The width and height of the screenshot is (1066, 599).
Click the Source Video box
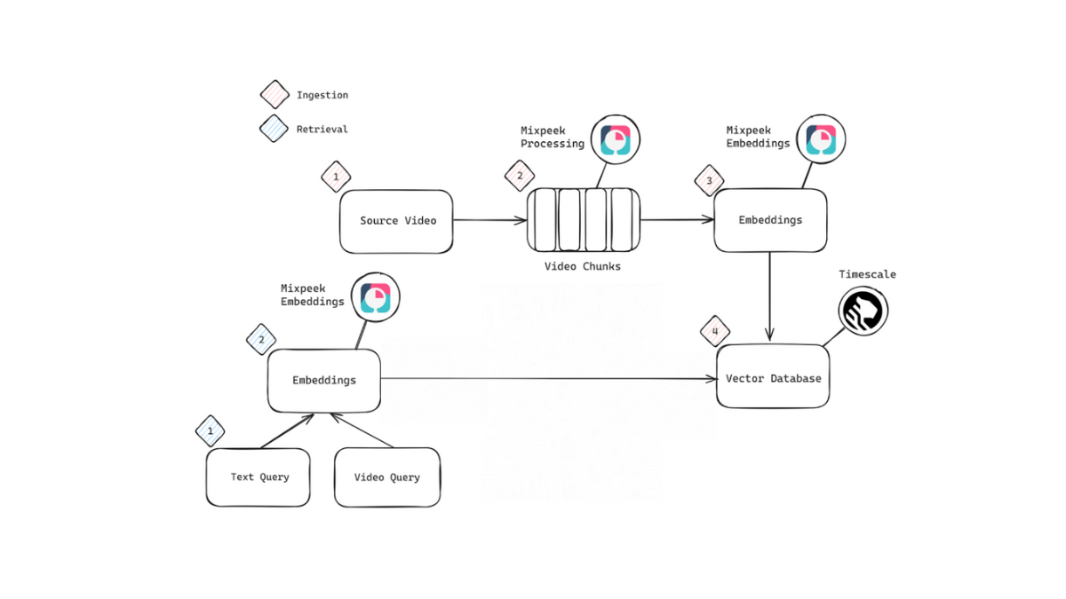pos(396,221)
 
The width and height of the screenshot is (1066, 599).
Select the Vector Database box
pos(773,377)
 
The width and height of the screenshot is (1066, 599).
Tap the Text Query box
pos(259,477)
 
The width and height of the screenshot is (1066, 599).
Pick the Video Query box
pos(387,477)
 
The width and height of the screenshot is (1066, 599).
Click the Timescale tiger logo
pos(863,311)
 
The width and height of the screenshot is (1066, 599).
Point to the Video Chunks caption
pos(583,266)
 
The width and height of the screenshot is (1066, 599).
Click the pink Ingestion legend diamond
pos(274,95)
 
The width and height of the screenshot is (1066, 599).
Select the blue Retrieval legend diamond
pos(274,129)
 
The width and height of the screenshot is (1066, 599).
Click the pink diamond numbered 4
pos(714,332)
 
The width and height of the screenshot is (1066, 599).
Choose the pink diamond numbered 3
pos(708,181)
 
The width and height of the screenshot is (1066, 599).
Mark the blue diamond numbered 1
pos(211,431)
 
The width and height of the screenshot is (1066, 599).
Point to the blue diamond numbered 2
pos(261,339)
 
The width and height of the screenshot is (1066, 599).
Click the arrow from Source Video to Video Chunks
pos(489,220)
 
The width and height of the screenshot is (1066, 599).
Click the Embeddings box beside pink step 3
pos(770,220)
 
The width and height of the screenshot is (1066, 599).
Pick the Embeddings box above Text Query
pos(324,381)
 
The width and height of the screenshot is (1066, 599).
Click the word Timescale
pos(867,274)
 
